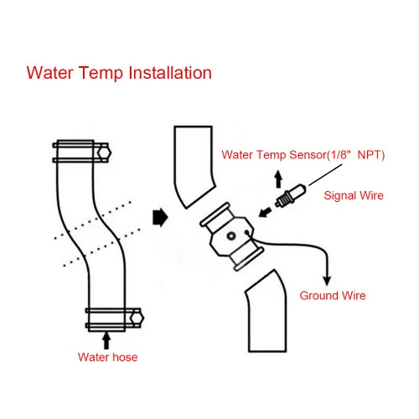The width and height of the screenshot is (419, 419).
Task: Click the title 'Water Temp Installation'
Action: (x=119, y=72)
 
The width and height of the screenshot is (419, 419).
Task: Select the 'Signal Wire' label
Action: (x=353, y=195)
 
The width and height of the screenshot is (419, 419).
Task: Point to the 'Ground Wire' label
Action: (x=333, y=295)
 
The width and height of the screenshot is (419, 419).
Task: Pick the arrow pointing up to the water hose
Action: (x=105, y=339)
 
